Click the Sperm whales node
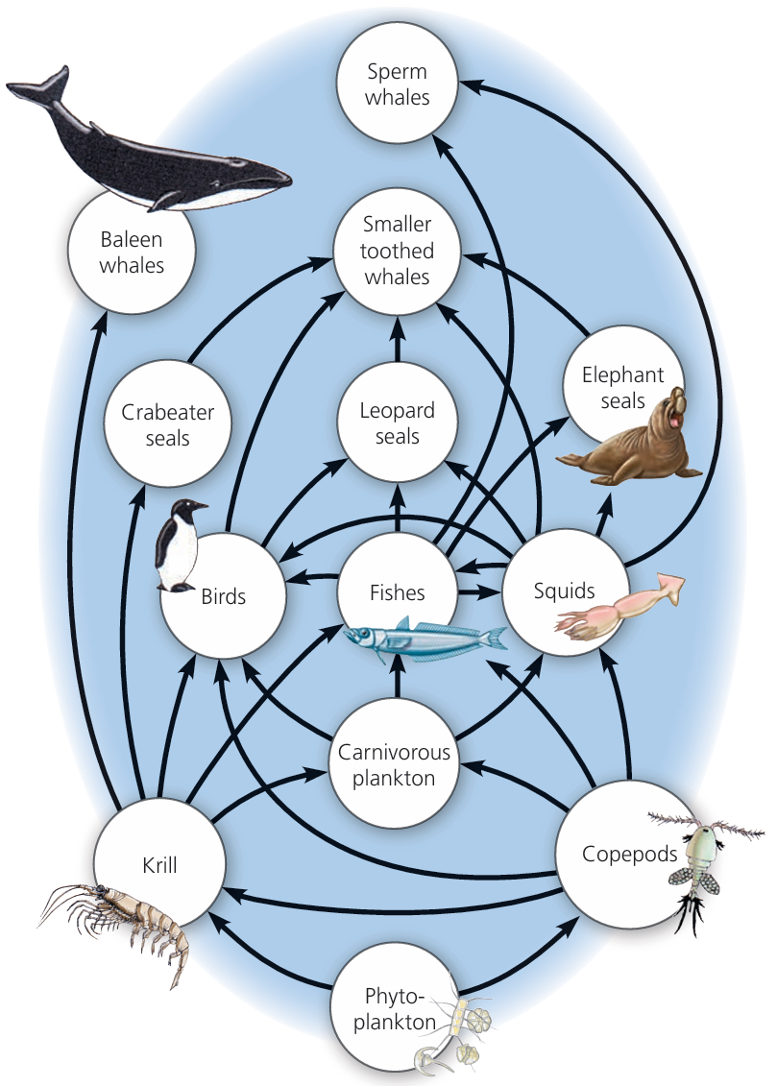(x=398, y=84)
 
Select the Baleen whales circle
(x=132, y=252)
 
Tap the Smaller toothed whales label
(x=398, y=251)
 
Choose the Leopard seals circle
(x=398, y=422)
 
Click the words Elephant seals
(x=622, y=388)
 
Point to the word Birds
(x=224, y=596)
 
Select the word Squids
(x=565, y=591)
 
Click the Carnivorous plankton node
(x=398, y=765)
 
